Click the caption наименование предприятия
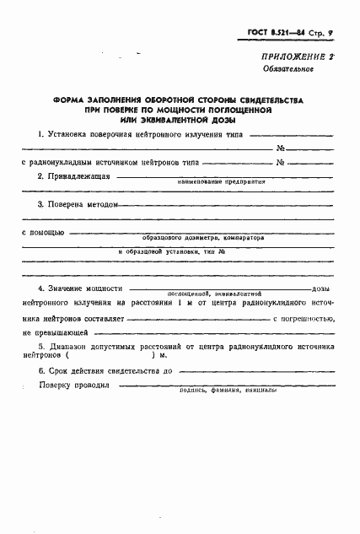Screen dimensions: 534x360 click(x=221, y=181)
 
